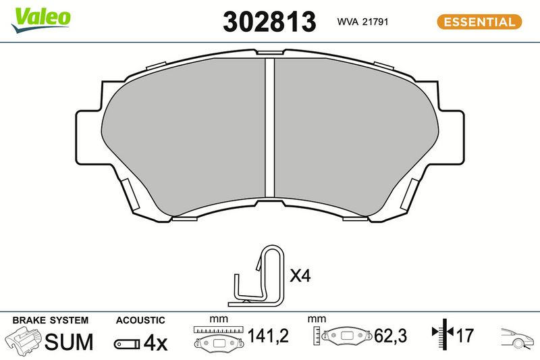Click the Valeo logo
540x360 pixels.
[40, 20]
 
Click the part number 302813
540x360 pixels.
[269, 22]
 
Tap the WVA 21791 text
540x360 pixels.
[362, 22]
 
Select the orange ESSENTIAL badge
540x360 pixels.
[479, 22]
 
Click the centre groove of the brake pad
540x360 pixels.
[269, 128]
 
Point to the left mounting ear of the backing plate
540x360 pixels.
[89, 136]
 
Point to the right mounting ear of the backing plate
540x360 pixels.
[450, 136]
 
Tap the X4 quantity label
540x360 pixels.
[300, 276]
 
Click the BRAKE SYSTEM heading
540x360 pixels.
[51, 320]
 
